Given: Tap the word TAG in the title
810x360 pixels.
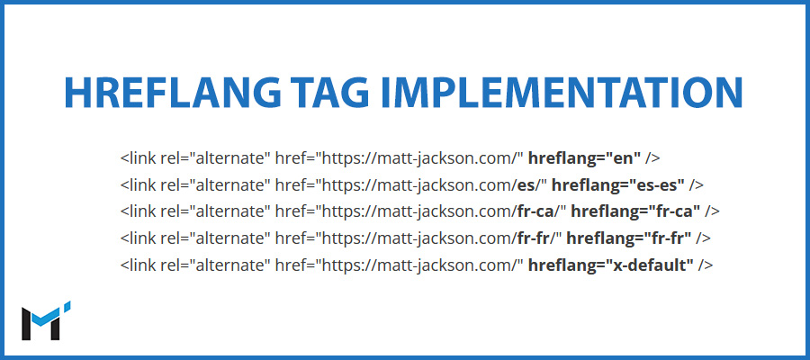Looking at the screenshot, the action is (x=329, y=93).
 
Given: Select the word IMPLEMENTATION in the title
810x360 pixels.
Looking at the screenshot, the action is (x=561, y=93).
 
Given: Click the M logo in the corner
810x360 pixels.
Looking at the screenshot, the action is (x=46, y=320).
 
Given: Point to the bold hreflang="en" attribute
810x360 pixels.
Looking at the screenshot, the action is (x=585, y=158).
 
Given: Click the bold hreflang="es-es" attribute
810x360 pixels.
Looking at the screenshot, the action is (x=618, y=184).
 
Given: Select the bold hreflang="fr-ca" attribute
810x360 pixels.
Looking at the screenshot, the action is (x=635, y=211).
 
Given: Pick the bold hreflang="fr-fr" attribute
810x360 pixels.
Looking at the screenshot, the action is (x=629, y=238).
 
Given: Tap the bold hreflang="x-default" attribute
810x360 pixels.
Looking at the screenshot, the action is (x=611, y=265).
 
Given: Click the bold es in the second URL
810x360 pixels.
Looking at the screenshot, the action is (x=524, y=184).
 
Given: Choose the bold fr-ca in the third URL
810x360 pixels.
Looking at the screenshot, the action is (x=533, y=211).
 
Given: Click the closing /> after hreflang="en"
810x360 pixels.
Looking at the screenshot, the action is (x=652, y=158).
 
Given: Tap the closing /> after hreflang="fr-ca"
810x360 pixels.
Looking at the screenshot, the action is (x=713, y=211).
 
